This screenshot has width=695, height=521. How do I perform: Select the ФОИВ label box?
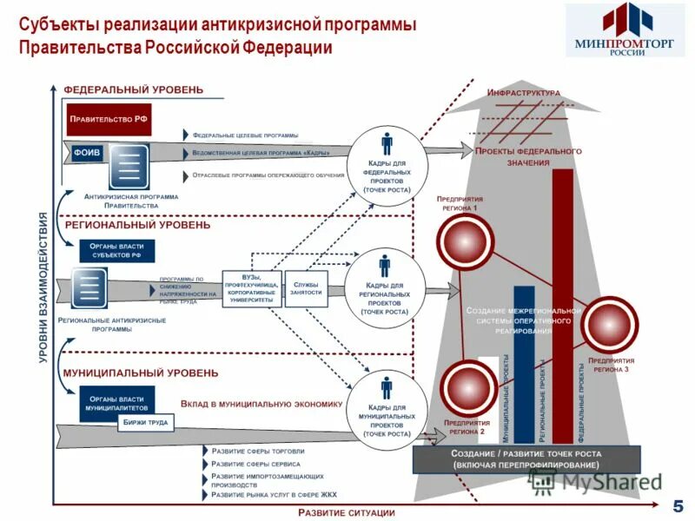(86, 152)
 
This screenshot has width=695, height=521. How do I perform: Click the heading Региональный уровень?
(137, 225)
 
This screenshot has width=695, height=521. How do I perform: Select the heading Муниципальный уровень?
(140, 373)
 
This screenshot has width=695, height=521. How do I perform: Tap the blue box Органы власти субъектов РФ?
(116, 252)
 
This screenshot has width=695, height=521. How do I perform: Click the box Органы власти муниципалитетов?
(116, 402)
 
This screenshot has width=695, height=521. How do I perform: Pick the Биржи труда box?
(146, 423)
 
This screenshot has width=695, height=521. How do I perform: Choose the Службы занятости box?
(306, 289)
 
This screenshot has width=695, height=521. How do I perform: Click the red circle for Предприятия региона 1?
(465, 243)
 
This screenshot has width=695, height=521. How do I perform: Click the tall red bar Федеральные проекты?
(562, 304)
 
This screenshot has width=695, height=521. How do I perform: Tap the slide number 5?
(678, 506)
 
